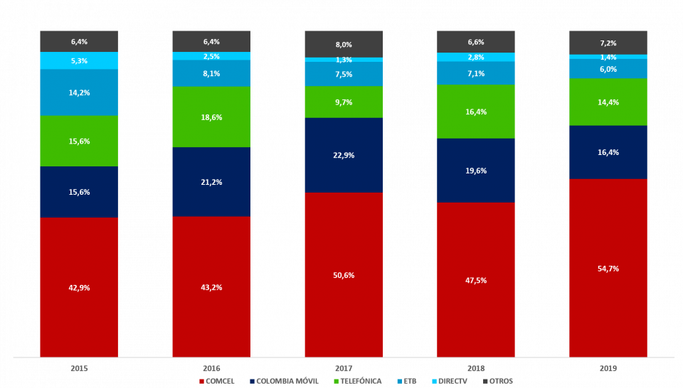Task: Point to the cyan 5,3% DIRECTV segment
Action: coord(79,61)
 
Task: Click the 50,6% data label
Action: coord(344,276)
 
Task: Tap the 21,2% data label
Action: coord(211,183)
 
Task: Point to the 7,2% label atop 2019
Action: coord(608,43)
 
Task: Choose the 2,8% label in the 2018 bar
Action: coord(475,58)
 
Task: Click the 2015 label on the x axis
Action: coord(79,369)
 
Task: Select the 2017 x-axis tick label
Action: coord(344,369)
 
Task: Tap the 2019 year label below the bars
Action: coord(608,369)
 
